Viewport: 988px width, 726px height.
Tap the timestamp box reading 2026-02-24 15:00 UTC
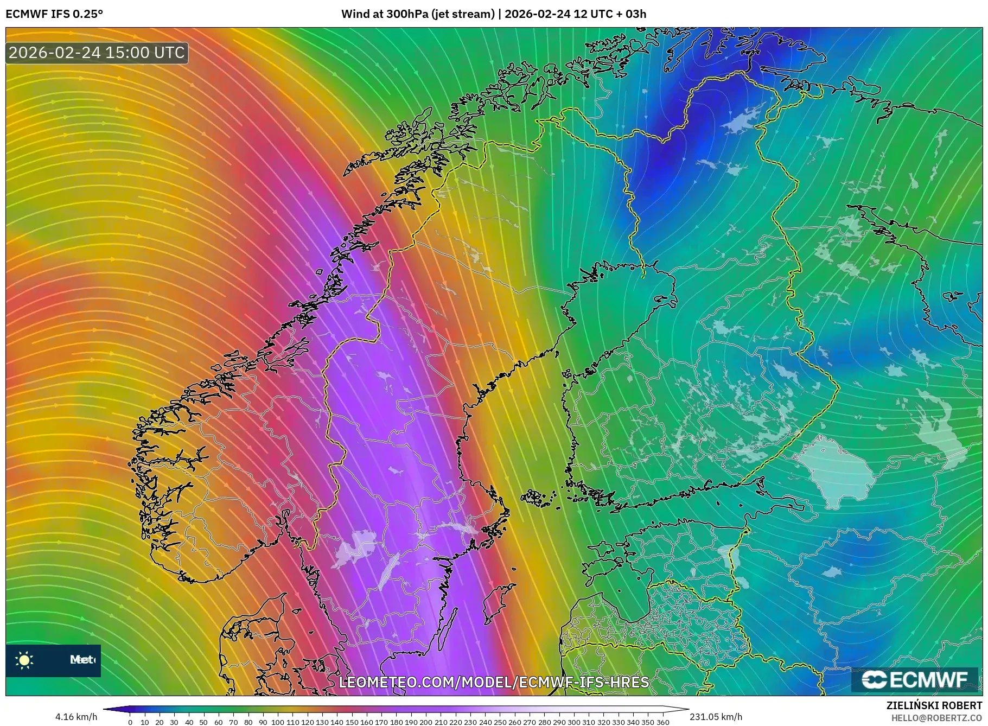(97, 53)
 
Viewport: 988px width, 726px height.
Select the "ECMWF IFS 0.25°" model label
(54, 14)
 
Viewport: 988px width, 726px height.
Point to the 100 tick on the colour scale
(278, 722)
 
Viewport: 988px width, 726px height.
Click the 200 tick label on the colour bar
(426, 722)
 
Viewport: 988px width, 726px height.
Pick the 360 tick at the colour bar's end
(662, 722)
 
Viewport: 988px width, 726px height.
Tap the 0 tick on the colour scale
(130, 722)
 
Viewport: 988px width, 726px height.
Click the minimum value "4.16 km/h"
(77, 717)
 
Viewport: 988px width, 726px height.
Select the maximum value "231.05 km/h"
(716, 717)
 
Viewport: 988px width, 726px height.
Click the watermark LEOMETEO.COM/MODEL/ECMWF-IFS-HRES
(494, 682)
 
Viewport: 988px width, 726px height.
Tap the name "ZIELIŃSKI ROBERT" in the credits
(934, 705)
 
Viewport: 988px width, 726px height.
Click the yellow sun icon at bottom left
(24, 660)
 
